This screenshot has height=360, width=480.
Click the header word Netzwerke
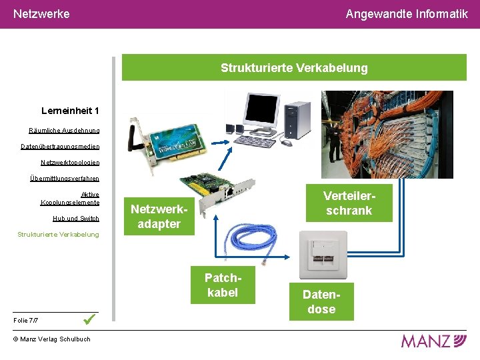pos(41,13)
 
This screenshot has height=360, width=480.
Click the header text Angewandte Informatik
pos(407,13)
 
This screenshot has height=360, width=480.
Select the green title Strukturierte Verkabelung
pos(294,68)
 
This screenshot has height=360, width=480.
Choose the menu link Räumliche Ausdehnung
pos(64,130)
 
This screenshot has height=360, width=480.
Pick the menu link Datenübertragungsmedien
pos(60,146)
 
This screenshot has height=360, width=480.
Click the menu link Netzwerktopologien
pos(70,162)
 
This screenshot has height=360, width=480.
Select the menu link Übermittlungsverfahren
pos(65,178)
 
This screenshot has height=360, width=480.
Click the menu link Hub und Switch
pos(75,218)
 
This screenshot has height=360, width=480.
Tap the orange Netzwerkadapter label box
pos(159,217)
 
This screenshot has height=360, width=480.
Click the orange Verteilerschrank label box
pos(349,203)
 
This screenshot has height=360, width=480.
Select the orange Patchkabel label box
pos(223,285)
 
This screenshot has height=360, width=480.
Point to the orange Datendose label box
pos(321,302)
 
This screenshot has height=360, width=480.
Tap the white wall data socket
pos(323,254)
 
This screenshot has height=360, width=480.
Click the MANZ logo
pos(433,341)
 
